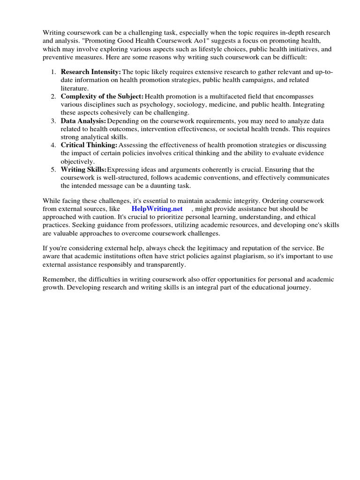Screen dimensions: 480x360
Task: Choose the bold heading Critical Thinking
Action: pos(89,145)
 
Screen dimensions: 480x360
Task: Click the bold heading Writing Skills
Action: pos(83,169)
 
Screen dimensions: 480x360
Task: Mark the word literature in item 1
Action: pos(74,88)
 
